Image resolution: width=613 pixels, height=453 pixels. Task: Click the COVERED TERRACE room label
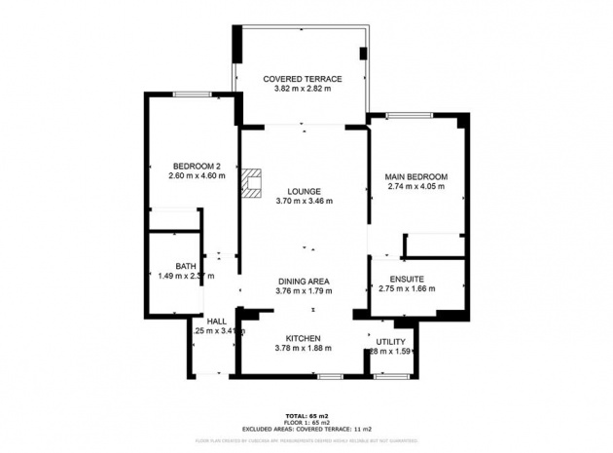304,77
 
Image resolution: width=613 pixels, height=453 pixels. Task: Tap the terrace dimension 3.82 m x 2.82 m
304,89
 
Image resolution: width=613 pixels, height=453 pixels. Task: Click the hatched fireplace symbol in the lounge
253,183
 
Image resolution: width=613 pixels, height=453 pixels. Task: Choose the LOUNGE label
304,191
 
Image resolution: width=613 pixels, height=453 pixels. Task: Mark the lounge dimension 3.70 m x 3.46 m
304,202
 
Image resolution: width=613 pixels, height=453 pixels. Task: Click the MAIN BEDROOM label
417,175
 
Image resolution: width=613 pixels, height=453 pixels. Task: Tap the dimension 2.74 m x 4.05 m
417,186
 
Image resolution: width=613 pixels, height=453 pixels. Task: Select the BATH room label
185,265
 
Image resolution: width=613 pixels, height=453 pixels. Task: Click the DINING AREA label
304,281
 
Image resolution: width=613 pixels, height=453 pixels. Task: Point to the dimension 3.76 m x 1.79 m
304,291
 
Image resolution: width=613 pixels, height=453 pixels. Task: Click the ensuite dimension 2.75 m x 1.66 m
403,289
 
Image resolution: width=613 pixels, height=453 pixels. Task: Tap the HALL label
216,321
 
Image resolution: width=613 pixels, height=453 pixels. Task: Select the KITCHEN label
304,337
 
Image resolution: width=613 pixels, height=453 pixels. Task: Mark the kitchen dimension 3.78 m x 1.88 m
304,349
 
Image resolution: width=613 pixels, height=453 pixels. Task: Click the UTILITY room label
391,341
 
